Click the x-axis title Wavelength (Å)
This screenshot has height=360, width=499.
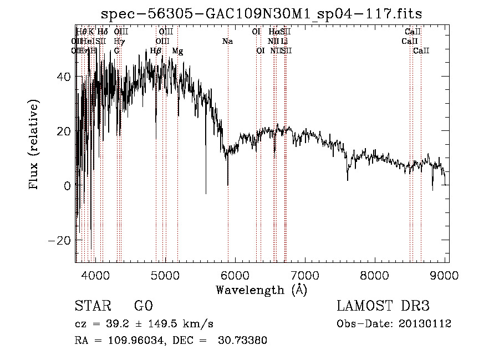tap(261, 290)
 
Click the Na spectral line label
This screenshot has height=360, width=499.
tap(227, 42)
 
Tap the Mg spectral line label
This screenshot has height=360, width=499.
tap(177, 51)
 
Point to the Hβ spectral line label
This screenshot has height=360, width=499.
tap(156, 51)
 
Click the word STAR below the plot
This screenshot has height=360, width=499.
tap(91, 306)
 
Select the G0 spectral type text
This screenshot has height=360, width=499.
tap(143, 306)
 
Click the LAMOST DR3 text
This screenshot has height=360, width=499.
tap(383, 306)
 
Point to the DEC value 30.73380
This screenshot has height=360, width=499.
tap(245, 341)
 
